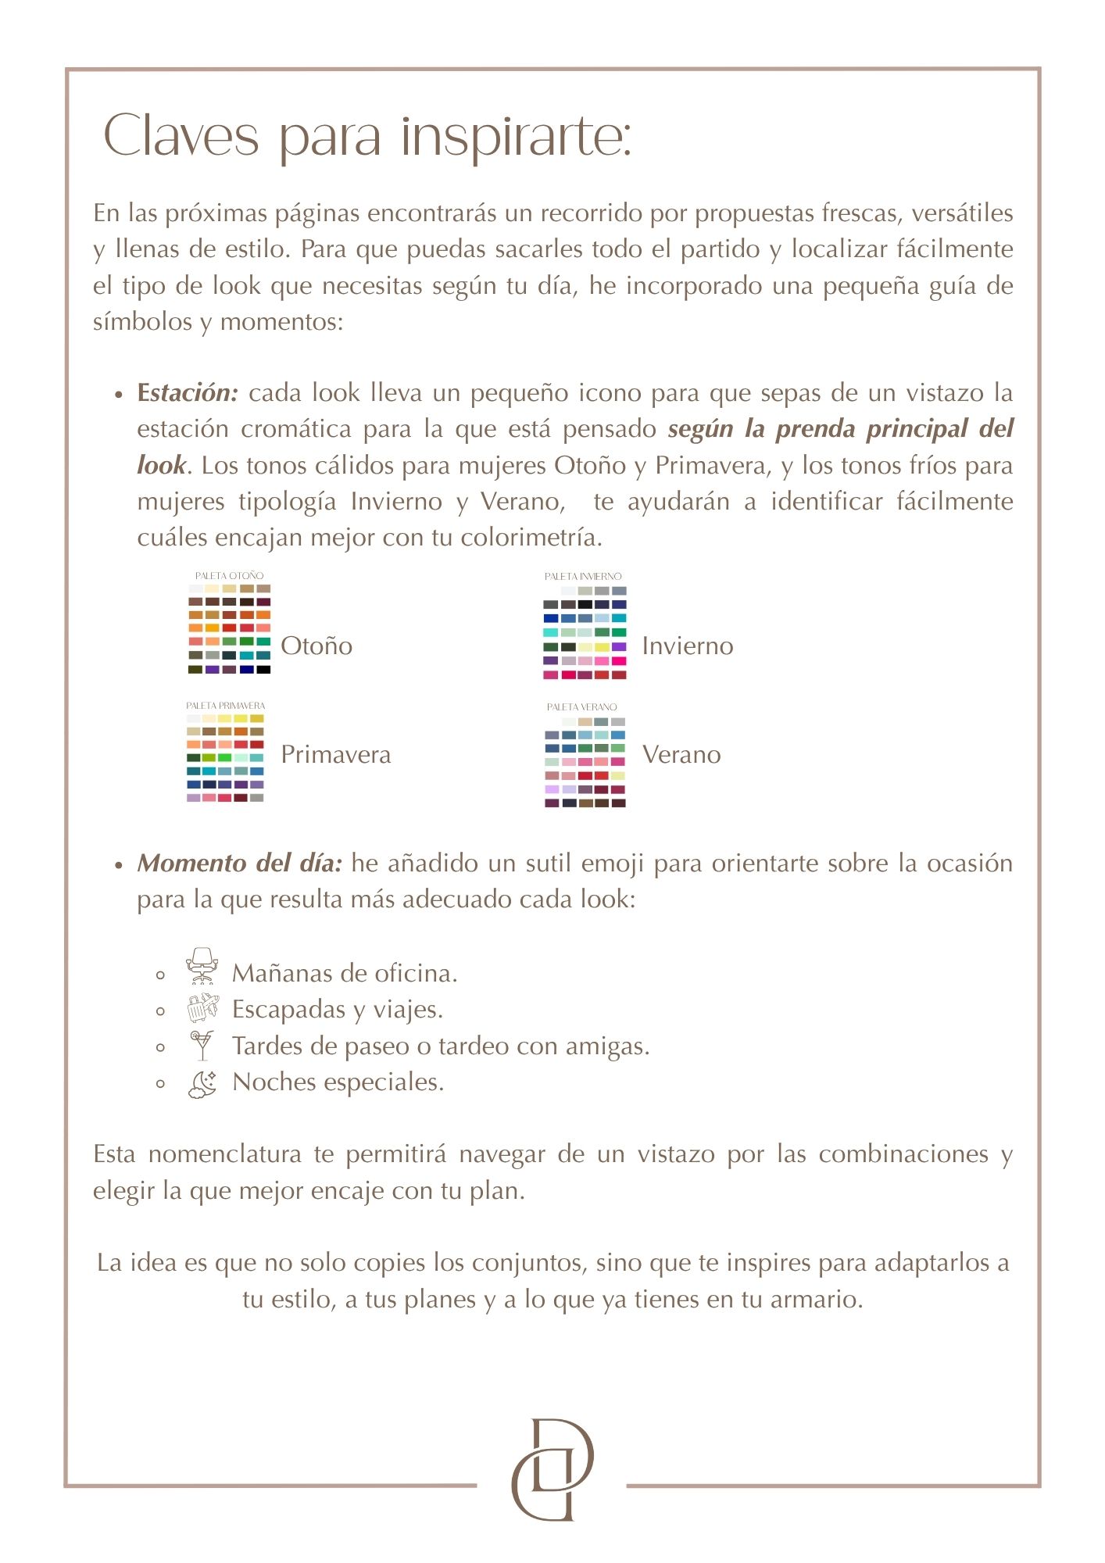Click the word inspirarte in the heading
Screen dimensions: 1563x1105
pos(516,137)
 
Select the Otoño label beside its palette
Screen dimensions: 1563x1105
pos(316,646)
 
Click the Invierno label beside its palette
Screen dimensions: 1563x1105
pos(688,646)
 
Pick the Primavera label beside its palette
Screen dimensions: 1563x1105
pos(336,755)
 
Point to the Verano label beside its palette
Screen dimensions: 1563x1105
pos(681,755)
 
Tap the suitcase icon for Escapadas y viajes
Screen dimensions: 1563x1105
pos(202,1008)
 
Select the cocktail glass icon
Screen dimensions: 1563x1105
pos(202,1045)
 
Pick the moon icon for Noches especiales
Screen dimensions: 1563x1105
pos(202,1084)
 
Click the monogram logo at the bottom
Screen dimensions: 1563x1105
pos(552,1469)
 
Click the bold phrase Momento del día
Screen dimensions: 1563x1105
pos(240,864)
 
